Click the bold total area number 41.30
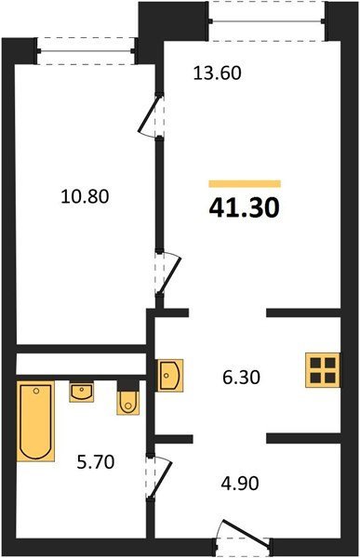245,208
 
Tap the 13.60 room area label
218,73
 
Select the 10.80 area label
85,196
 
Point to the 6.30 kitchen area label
242,378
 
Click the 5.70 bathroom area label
96,462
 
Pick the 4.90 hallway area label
240,484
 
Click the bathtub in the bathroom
35,421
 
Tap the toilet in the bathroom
127,403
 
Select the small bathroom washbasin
82,392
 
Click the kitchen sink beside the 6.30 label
170,375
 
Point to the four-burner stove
323,370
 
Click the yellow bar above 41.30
245,183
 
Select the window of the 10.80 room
86,51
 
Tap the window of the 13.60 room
267,21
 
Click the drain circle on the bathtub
35,392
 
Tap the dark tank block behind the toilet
128,385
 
